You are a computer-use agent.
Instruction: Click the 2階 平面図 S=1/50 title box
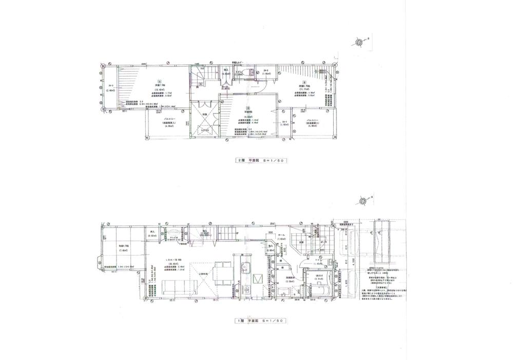coord(260,161)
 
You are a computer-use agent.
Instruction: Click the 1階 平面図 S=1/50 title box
coord(260,321)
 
